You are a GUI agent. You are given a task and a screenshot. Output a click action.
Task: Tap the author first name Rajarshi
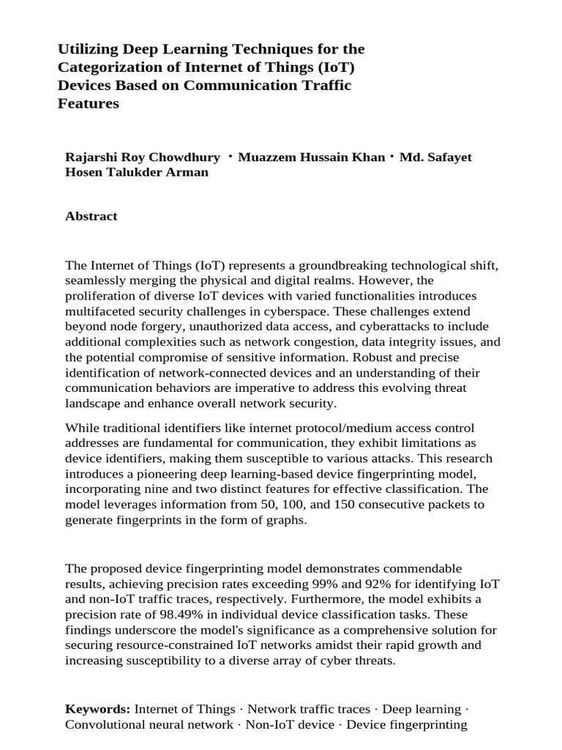tap(91, 158)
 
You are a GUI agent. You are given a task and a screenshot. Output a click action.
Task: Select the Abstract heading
tap(91, 216)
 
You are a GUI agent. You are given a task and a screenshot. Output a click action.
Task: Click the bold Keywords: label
tap(97, 710)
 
